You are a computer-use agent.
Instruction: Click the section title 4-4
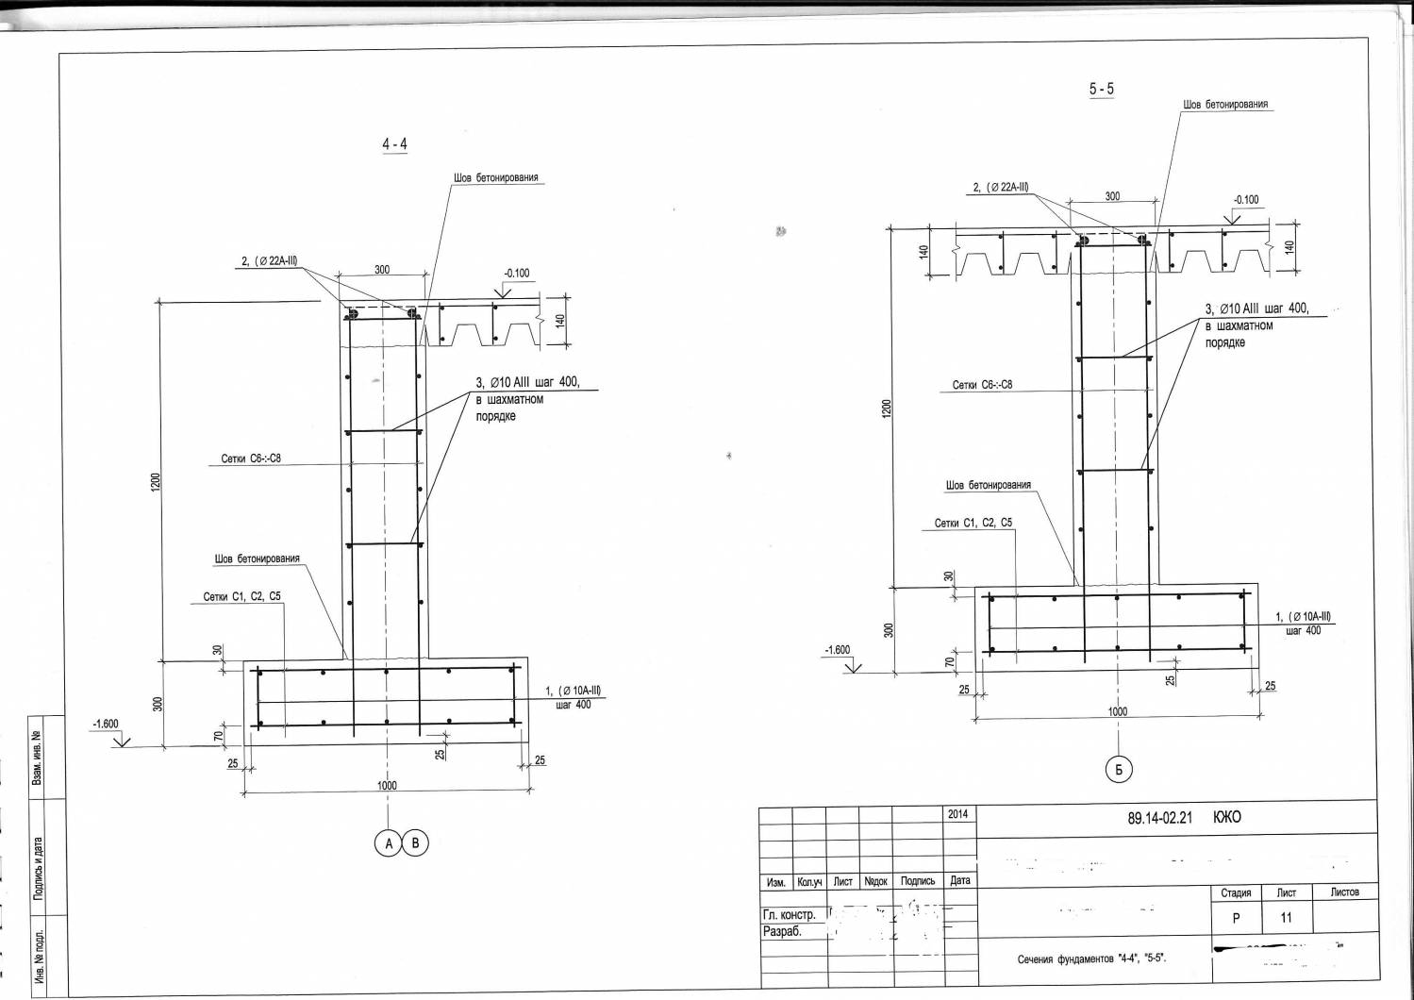[x=394, y=144]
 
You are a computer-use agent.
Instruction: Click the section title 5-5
[x=1101, y=89]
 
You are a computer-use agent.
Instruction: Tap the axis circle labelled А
[x=389, y=843]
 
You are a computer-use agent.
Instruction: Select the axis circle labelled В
[x=415, y=843]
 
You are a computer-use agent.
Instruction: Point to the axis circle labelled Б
[x=1118, y=770]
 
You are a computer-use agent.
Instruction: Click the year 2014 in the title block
[x=957, y=814]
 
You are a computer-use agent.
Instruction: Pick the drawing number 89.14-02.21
[x=1159, y=818]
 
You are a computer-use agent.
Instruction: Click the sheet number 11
[x=1286, y=918]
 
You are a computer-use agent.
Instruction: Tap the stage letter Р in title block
[x=1236, y=918]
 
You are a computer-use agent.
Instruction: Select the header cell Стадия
[x=1236, y=892]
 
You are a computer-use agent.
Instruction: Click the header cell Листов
[x=1344, y=892]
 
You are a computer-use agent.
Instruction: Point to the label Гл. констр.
[x=789, y=915]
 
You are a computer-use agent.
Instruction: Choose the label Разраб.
[x=782, y=931]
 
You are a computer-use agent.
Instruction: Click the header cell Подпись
[x=917, y=881]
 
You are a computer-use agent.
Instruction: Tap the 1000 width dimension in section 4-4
[x=387, y=785]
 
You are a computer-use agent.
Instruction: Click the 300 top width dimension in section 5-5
[x=1112, y=196]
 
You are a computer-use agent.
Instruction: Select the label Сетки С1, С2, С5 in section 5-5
[x=973, y=523]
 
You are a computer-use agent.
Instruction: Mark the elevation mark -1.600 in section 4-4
[x=105, y=724]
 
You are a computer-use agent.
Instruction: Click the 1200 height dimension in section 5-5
[x=886, y=408]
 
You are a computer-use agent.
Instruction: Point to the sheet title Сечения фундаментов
[x=1091, y=959]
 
